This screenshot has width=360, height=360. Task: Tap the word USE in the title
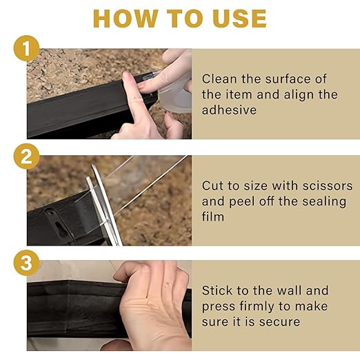[x=239, y=19]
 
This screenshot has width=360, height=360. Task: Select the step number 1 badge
[x=26, y=49]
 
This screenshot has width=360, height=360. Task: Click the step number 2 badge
[x=26, y=156]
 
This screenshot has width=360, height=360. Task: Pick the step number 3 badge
[x=26, y=263]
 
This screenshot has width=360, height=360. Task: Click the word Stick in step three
[x=217, y=290]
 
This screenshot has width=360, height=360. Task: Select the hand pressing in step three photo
[x=152, y=303]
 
